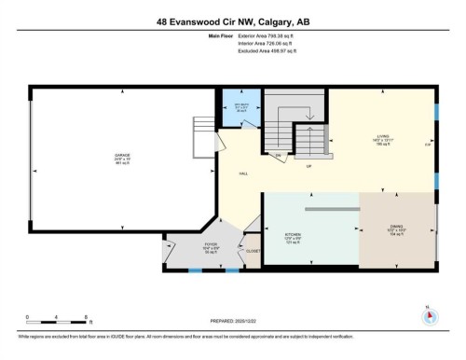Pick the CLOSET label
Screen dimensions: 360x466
coord(253,250)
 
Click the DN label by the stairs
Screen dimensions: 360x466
coord(278,155)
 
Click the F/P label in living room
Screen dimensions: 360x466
coord(428,145)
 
